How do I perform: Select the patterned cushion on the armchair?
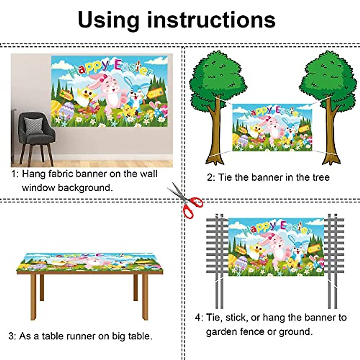click(x=33, y=126)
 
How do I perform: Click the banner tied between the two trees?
click(x=272, y=127)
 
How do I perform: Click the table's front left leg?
click(x=33, y=297)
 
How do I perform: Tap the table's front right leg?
click(x=145, y=297)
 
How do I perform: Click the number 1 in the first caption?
click(x=13, y=174)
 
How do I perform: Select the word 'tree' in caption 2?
click(x=319, y=177)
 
